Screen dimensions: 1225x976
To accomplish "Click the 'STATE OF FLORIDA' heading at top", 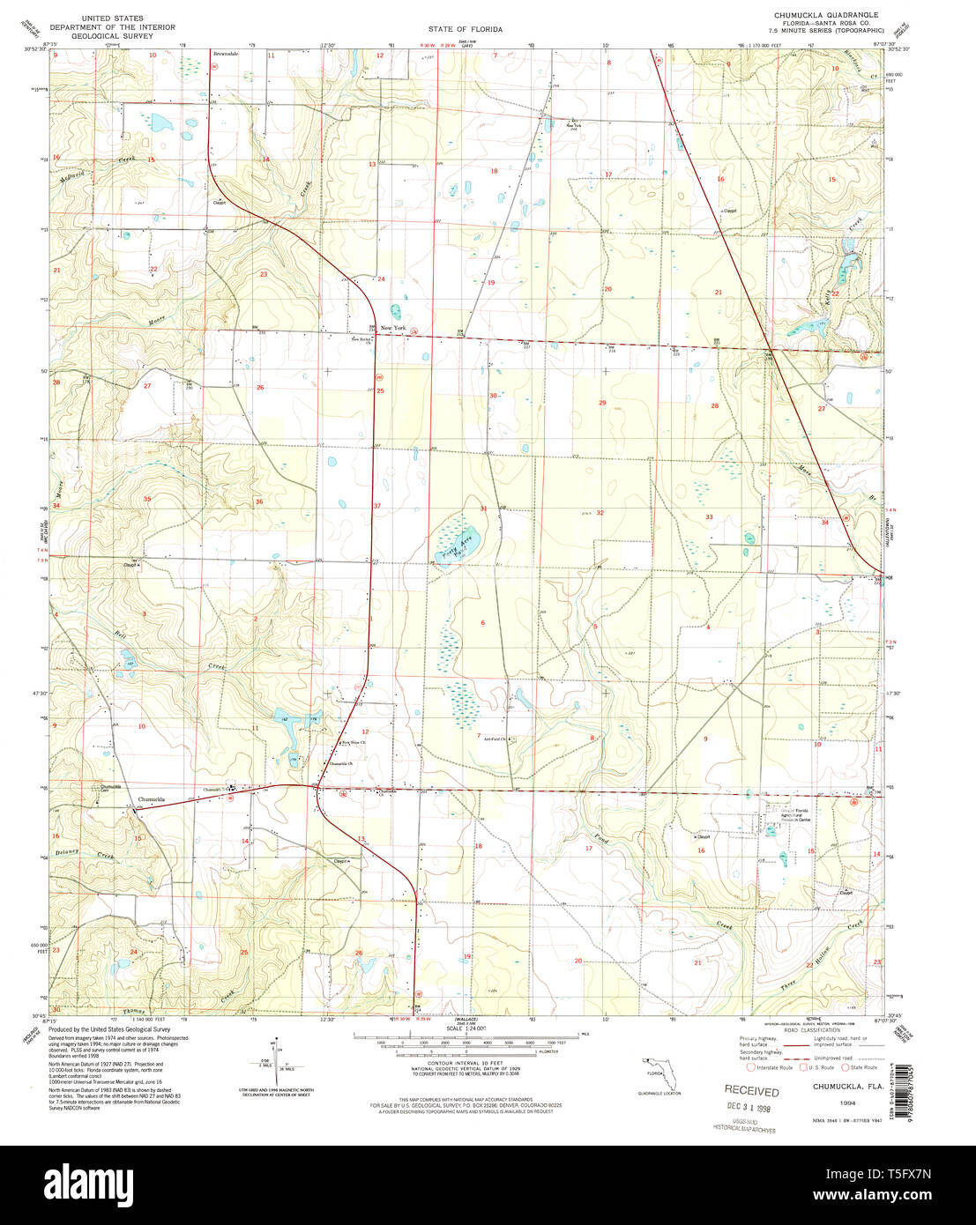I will click(x=467, y=29).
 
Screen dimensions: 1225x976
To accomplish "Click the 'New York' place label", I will click(x=393, y=328).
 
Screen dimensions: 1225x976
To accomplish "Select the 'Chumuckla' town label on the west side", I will click(x=152, y=799).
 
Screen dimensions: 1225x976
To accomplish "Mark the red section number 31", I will click(x=483, y=509).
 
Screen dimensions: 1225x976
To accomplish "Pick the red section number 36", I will click(x=259, y=501).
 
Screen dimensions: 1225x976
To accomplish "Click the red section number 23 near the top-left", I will click(x=263, y=274).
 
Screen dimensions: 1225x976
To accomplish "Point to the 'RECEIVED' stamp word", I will click(x=752, y=1091).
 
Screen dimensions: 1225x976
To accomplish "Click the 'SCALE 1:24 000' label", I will click(x=466, y=1028).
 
